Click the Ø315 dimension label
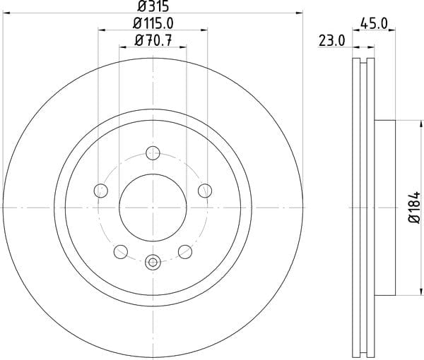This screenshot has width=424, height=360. click(x=153, y=6)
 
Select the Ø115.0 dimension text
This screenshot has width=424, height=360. click(x=153, y=23)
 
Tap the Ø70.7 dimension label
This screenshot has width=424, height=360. click(x=153, y=41)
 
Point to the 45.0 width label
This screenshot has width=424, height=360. click(x=374, y=24)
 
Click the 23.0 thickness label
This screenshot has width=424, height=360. click(x=332, y=41)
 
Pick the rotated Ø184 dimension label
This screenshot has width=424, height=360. click(x=414, y=208)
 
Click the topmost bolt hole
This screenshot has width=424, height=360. click(x=153, y=153)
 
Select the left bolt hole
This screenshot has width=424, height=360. click(x=101, y=191)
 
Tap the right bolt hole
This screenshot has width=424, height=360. click(x=205, y=191)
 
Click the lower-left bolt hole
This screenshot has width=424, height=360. click(x=121, y=252)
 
